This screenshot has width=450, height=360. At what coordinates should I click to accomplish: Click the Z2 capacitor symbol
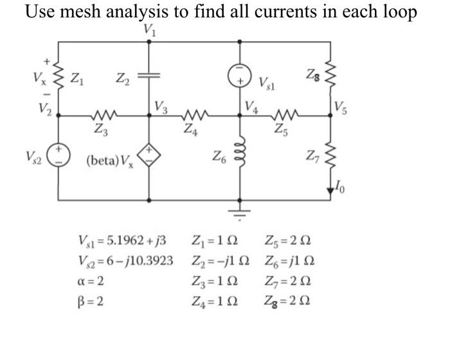[x=150, y=76]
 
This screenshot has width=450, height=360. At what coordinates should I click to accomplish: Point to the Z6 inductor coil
[x=241, y=156]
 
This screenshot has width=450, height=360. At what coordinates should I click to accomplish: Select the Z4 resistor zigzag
[x=193, y=116]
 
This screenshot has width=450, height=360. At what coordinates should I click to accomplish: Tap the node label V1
[x=149, y=29]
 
